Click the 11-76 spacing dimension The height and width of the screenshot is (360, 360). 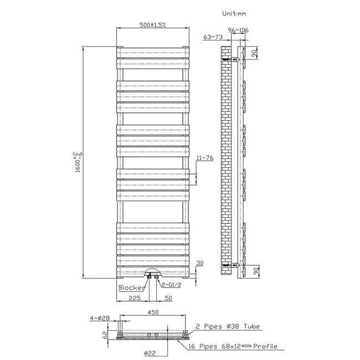pyautogui.click(x=204, y=158)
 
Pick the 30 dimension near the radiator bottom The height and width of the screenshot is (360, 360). pyautogui.click(x=200, y=264)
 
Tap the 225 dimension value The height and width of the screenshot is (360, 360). pyautogui.click(x=133, y=298)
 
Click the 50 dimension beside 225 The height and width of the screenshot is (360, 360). pyautogui.click(x=167, y=298)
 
